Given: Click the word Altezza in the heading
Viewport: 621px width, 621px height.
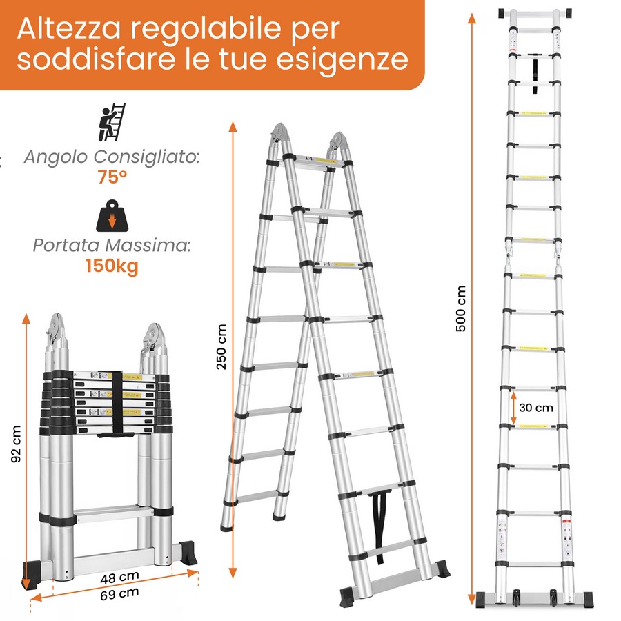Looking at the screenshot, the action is click(68, 28).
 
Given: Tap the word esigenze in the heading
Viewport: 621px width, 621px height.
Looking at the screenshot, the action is click(342, 59).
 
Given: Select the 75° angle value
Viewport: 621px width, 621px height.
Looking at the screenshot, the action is click(112, 177).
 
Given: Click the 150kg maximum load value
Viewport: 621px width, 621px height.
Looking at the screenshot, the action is click(112, 266).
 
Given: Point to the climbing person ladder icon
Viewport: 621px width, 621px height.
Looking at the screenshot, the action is click(112, 122).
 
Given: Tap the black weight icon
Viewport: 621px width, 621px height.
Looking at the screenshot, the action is click(112, 216).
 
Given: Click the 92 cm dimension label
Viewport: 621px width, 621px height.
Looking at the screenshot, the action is click(16, 444).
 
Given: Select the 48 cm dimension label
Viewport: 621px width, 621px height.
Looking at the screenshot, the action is click(119, 578).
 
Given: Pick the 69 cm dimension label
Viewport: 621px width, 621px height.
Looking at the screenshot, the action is click(119, 593).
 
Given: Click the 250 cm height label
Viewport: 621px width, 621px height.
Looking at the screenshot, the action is click(221, 347).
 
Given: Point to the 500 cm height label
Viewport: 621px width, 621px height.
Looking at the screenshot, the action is click(461, 308).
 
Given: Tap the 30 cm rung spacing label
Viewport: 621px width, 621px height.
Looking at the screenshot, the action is click(536, 408).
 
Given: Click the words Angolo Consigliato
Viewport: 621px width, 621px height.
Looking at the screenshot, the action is click(112, 157).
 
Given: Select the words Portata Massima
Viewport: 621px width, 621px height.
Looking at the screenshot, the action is click(112, 246).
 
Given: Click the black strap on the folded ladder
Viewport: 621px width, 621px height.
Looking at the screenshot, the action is click(117, 404).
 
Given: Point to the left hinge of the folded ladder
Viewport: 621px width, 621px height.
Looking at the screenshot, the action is click(56, 333).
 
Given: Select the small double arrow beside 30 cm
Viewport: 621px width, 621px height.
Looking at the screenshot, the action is click(513, 408).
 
